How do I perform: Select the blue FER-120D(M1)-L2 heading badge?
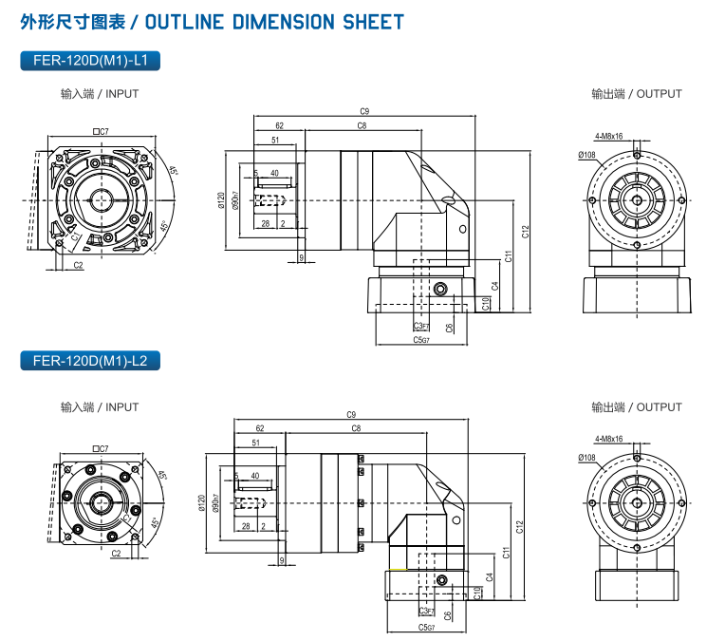coord(90,360)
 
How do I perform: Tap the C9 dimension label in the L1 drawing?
coord(364,111)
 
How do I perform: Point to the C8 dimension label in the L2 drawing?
coord(356,429)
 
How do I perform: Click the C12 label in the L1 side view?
coord(525,230)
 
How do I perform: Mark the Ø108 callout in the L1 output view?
coord(586,154)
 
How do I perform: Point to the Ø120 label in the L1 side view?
coord(221,199)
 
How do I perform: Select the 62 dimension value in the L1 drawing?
coord(279,125)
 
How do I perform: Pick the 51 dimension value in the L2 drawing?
coord(256,443)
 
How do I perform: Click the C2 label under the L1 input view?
coord(78,265)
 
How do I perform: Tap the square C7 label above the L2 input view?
coord(101,448)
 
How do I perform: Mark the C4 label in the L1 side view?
coord(495,285)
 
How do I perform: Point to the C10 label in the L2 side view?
coord(475,594)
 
